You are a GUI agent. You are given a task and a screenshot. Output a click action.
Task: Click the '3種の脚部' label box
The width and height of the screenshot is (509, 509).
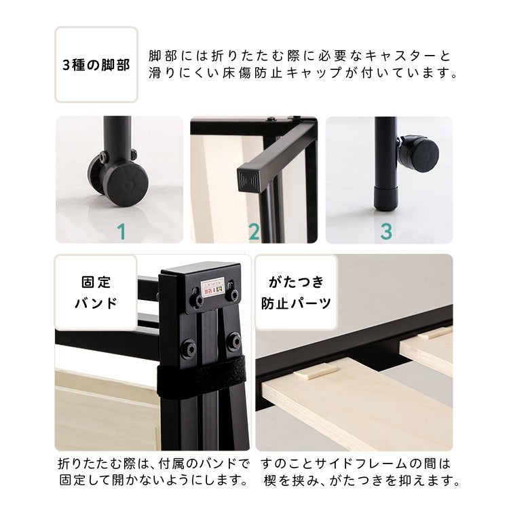(x=96, y=64)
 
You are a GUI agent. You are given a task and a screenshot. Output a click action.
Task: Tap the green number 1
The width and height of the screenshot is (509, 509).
(x=121, y=232)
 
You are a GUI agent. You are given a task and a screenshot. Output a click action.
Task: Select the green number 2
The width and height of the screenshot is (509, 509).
(x=254, y=232)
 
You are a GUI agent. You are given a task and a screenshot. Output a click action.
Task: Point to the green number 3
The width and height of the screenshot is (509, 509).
(x=386, y=232)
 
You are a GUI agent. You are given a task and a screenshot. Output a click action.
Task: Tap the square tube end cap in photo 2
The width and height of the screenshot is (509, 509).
(x=246, y=181)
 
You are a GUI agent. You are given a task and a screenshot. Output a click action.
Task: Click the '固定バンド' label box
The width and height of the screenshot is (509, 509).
(x=96, y=293)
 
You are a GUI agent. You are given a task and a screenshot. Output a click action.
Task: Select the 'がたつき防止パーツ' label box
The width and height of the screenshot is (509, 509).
(x=297, y=293)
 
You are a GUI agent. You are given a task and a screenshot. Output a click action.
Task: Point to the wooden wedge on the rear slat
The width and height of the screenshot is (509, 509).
(x=435, y=333)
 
